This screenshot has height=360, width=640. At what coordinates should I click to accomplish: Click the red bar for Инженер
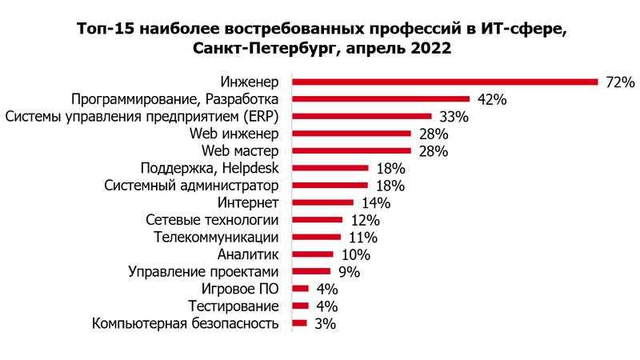[445, 82]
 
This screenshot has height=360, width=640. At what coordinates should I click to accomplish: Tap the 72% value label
[618, 82]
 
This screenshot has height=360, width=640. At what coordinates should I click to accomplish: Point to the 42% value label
[492, 100]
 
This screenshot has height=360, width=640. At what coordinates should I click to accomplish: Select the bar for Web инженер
[351, 134]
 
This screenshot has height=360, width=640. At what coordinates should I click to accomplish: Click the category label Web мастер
[239, 151]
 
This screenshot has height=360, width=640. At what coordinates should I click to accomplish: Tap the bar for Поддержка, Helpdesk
[330, 168]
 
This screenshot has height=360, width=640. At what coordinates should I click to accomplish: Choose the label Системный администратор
[192, 186]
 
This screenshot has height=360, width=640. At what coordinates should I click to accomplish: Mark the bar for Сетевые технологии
[317, 220]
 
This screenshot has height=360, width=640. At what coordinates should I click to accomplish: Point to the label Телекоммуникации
[216, 238]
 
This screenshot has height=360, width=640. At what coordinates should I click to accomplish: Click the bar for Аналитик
[312, 254]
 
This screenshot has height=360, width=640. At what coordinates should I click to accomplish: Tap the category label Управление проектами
[204, 272]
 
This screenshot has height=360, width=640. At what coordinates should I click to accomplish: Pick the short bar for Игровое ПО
[300, 289]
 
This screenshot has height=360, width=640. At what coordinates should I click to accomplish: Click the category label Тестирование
[234, 306]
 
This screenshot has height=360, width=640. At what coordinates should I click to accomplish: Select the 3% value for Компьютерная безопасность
[324, 324]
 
